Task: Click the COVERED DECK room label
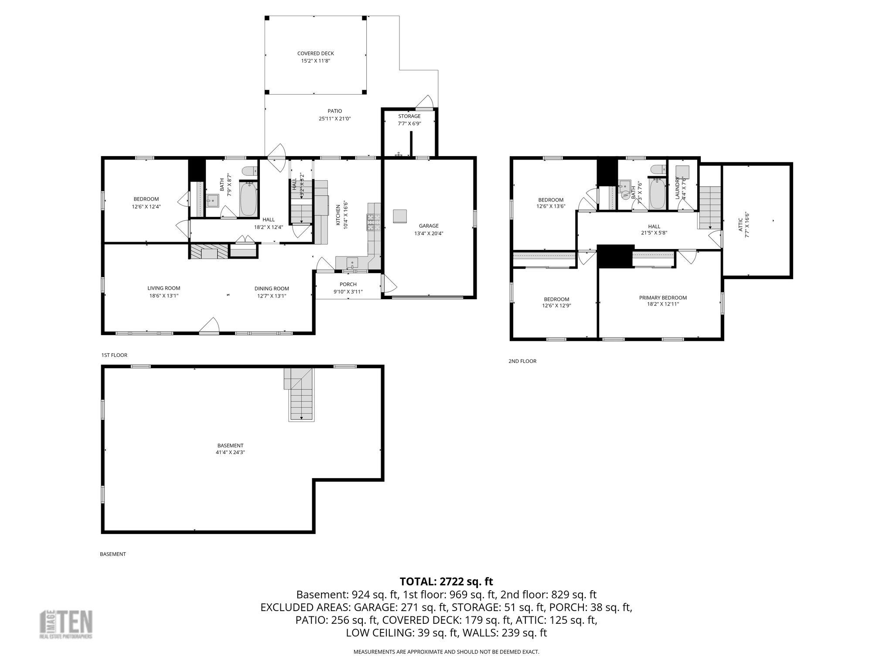(315, 54)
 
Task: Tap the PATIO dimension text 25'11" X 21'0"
(335, 119)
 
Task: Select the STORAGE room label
(409, 116)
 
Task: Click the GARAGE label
(429, 226)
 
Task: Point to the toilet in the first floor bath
(250, 171)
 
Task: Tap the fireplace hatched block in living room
(209, 252)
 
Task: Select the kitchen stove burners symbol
(373, 222)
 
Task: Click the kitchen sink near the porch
(352, 263)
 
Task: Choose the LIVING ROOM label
(164, 288)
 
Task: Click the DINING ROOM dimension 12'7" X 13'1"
(272, 296)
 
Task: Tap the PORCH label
(348, 284)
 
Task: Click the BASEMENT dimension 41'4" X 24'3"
(230, 452)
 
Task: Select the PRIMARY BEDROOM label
(662, 298)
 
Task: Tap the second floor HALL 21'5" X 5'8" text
(654, 233)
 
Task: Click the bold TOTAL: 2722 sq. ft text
(446, 581)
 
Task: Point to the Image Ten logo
(66, 624)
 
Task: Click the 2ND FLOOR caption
(522, 361)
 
